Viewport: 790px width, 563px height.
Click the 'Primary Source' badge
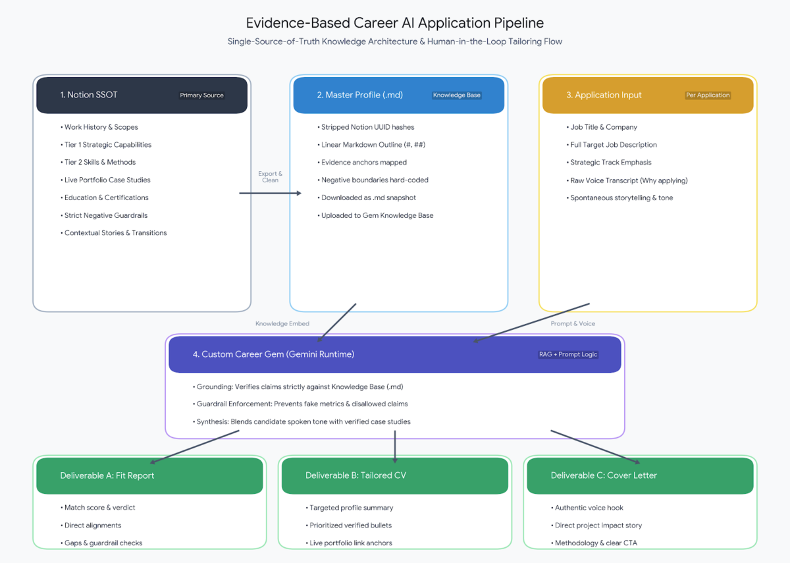201,95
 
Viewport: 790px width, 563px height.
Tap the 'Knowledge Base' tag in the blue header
457,95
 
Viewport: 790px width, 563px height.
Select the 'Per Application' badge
708,95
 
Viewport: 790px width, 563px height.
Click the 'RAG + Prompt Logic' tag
567,354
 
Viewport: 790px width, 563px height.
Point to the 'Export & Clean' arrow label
270,176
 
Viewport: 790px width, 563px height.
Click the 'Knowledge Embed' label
282,323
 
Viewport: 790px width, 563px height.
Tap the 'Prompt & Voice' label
573,323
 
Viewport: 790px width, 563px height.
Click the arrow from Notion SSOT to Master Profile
270,193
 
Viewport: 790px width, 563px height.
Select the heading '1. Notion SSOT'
88,95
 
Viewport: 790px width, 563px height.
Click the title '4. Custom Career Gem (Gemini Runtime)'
273,354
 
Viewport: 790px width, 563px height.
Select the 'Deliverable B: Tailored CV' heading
355,475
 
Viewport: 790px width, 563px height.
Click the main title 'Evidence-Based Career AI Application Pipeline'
394,23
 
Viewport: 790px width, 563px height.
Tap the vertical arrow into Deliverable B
395,446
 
